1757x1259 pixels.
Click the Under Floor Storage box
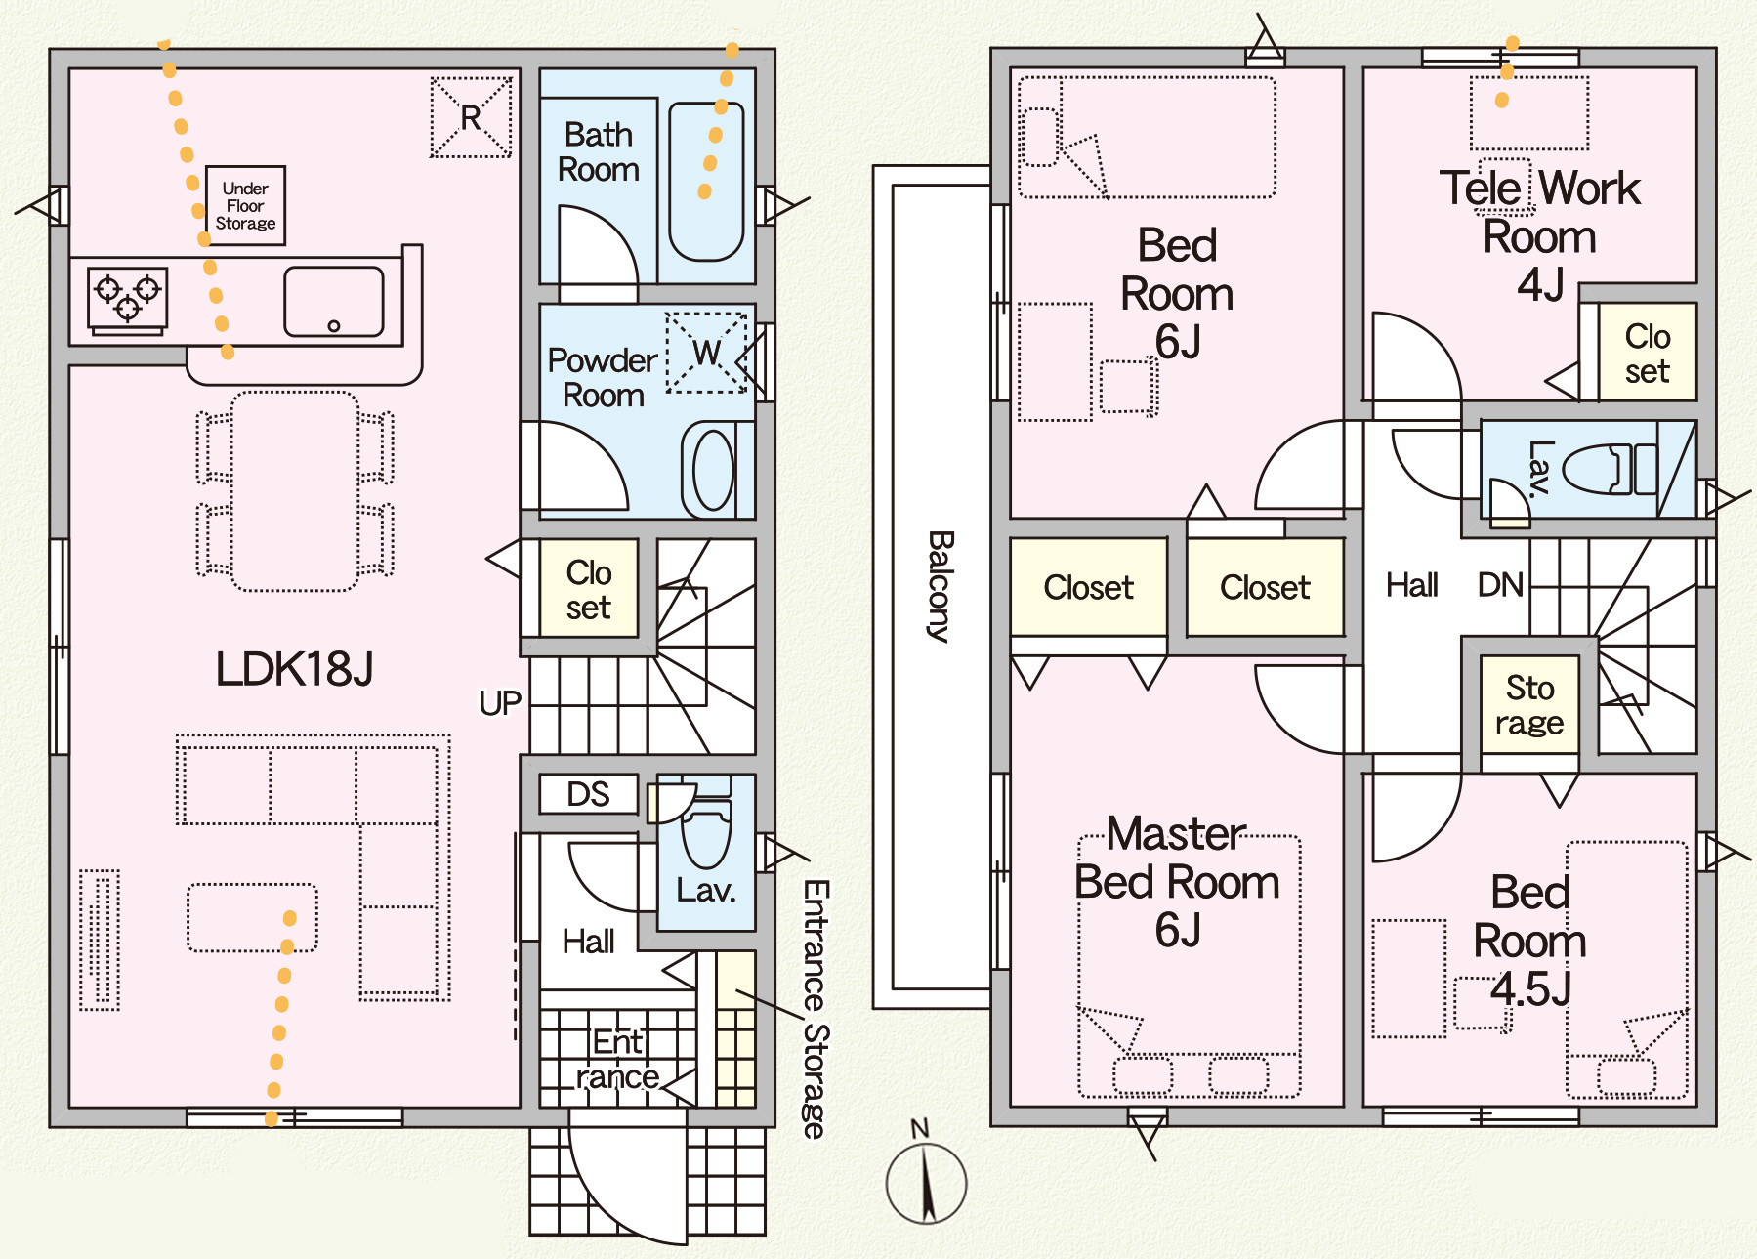[245, 205]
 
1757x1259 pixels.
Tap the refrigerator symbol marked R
[471, 117]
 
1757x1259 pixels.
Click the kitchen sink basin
[333, 302]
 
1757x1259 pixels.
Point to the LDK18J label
[294, 669]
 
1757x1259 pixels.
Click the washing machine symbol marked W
[706, 353]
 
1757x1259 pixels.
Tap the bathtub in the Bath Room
[706, 183]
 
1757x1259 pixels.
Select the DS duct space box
[588, 794]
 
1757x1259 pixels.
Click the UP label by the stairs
[499, 703]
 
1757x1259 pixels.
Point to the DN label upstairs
[1500, 585]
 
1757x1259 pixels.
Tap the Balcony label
[940, 586]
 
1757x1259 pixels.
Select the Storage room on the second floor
[1529, 704]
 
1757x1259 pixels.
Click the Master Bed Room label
[1177, 882]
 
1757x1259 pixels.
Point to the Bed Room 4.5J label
[1529, 941]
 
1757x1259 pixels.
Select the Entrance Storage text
[816, 1009]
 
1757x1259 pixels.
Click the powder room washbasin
[713, 470]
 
